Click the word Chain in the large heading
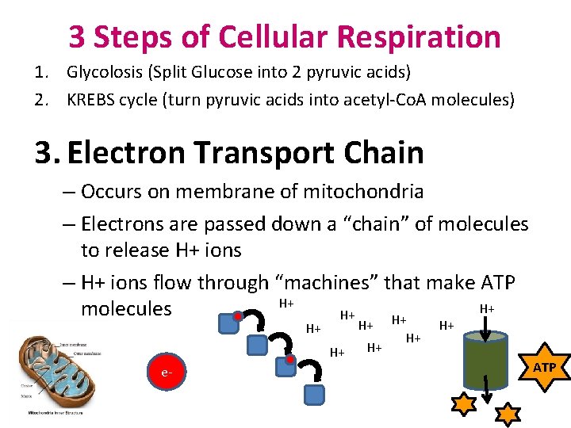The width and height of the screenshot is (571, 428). (381, 153)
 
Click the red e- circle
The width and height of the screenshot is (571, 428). (167, 372)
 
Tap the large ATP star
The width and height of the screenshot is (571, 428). (544, 367)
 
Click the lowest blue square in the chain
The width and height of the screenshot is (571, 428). (316, 393)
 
